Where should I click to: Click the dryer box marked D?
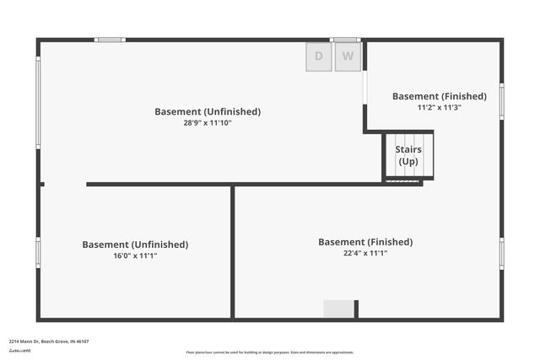pos(319,56)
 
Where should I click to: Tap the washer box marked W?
pos(348,56)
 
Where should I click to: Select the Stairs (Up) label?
pos(408,156)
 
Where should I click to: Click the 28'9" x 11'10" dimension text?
pos(208,123)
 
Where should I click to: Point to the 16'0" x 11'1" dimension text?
pos(135,255)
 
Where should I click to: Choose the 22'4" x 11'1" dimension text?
pos(365,253)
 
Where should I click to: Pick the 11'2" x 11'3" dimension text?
pos(440,108)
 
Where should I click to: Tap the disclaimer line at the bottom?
pos(270,352)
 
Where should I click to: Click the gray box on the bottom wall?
pos(338,309)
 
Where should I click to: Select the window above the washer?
pos(345,39)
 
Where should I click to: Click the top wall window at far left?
pos(110,39)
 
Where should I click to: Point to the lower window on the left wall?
pos(38,252)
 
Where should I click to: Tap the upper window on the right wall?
pos(501,101)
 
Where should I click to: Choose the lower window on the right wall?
pos(501,253)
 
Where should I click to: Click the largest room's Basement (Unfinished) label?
pos(208,111)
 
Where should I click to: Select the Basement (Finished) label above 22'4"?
pos(365,242)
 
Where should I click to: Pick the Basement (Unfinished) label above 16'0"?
pos(135,244)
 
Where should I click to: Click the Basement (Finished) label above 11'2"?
pos(440,96)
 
